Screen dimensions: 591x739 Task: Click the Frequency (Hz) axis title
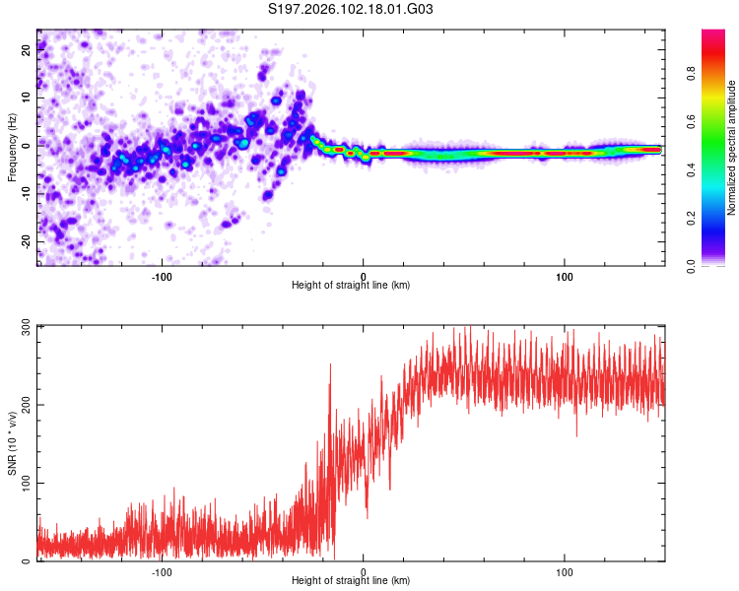[x=12, y=148]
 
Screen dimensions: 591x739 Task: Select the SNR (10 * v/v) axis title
[x=12, y=443]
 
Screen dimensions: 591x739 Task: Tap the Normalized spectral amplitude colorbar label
[x=732, y=148]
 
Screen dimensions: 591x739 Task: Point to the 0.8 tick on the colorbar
[x=717, y=73]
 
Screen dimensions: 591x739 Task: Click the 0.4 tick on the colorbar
[x=717, y=169]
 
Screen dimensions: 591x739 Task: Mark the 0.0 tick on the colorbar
[x=717, y=264]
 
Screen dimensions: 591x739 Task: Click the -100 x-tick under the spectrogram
[x=162, y=275]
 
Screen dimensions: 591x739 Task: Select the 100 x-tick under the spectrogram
[x=565, y=275]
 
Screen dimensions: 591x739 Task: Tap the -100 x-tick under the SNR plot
[x=162, y=571]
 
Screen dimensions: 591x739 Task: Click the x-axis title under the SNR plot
[x=351, y=583]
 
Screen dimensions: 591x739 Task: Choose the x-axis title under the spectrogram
[x=351, y=286]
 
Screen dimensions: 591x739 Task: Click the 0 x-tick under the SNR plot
[x=364, y=571]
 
